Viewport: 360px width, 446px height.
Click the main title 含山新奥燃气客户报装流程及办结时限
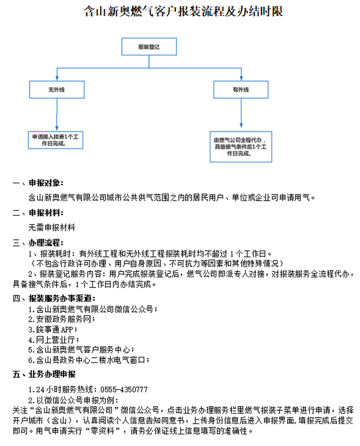[183, 12]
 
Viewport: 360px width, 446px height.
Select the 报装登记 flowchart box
[149, 47]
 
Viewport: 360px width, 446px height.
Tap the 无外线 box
[57, 90]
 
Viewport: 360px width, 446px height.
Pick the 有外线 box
[241, 90]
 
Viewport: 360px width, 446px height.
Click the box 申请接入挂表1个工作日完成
[55, 140]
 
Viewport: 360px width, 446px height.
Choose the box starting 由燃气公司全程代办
[241, 147]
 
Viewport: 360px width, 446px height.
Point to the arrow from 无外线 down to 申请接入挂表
[57, 115]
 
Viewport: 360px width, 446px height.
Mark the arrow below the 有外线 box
[241, 113]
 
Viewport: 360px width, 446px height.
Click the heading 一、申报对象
[38, 183]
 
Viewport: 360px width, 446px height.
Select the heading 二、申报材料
[38, 213]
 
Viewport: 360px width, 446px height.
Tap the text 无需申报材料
[52, 228]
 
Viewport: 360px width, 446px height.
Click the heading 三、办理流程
[38, 243]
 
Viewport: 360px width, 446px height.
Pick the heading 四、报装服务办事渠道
[54, 298]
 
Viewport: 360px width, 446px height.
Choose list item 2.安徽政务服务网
[62, 319]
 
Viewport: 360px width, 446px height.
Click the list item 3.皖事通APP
[53, 330]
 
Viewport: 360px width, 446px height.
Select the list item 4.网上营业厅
[54, 339]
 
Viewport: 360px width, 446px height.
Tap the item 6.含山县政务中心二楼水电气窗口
[89, 360]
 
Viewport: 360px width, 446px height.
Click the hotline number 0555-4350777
[124, 389]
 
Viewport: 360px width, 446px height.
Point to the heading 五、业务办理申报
[44, 374]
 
